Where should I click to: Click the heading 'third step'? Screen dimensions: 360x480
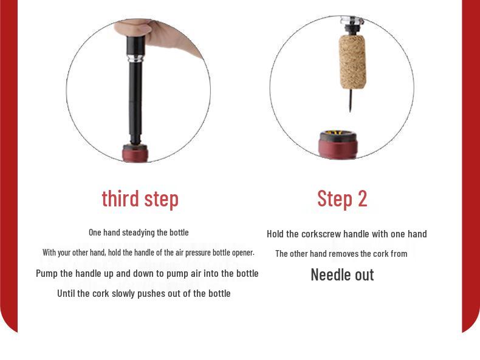(x=140, y=199)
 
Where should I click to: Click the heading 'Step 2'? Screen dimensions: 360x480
(x=342, y=199)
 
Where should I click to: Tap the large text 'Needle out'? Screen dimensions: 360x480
(x=342, y=274)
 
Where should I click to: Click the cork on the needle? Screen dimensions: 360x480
(x=352, y=61)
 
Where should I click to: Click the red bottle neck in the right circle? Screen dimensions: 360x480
(x=338, y=148)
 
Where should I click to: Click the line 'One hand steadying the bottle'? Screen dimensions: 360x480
(x=139, y=233)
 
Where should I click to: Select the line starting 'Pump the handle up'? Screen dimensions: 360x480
(x=147, y=273)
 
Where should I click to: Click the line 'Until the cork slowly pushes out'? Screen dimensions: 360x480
(x=143, y=293)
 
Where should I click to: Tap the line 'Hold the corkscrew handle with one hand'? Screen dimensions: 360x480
(x=346, y=234)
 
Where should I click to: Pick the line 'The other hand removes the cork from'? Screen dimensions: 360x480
(x=341, y=254)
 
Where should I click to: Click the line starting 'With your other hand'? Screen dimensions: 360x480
(x=148, y=252)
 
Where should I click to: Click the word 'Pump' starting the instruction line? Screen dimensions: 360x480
(x=47, y=273)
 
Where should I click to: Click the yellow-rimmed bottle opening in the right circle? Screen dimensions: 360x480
(x=338, y=133)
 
